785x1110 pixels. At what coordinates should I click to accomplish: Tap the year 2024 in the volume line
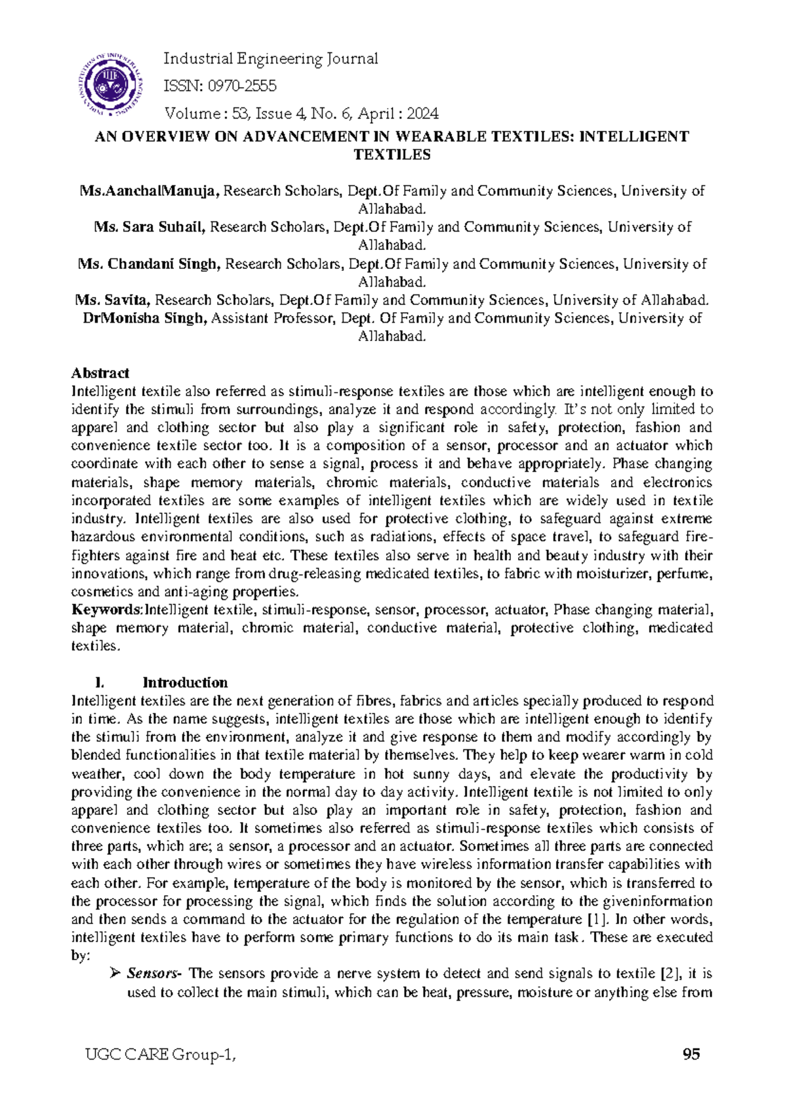pos(422,114)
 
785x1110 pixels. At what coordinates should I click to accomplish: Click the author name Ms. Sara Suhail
pos(150,227)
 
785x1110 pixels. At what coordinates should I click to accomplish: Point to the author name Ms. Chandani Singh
pos(149,264)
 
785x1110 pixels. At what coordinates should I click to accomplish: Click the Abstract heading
pos(99,373)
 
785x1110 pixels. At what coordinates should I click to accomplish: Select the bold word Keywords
pos(106,610)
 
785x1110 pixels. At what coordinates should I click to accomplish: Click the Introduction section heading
pos(185,683)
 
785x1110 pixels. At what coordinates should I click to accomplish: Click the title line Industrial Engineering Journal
pos(270,59)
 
